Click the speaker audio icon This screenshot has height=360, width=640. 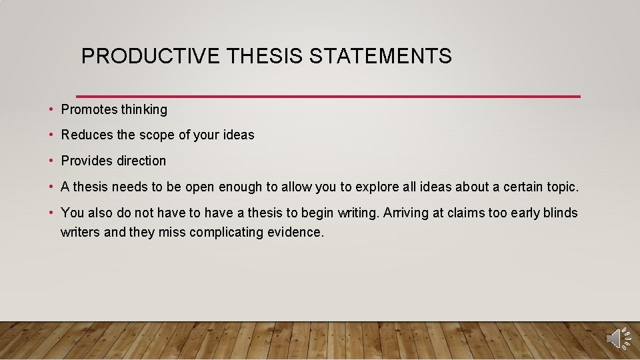tap(617, 338)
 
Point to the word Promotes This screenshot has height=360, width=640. tap(89, 109)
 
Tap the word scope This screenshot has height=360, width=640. tap(157, 135)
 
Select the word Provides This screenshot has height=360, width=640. tap(87, 161)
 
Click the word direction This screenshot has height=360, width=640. tap(141, 161)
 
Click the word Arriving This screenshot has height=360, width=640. tap(407, 213)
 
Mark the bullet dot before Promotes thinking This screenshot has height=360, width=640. tap(51, 109)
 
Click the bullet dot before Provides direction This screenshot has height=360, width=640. tap(51, 161)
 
